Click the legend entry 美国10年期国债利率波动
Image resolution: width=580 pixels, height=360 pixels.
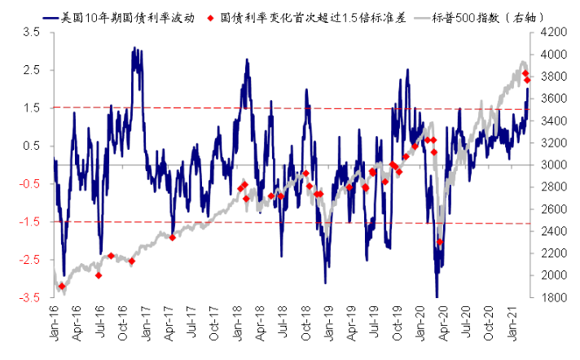(x=119, y=18)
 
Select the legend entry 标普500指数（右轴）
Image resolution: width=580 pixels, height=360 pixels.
(x=480, y=18)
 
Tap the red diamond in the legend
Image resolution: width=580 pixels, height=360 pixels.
(x=210, y=18)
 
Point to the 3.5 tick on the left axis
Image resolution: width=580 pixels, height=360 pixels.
(x=32, y=33)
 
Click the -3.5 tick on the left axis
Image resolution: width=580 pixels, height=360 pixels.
(x=29, y=297)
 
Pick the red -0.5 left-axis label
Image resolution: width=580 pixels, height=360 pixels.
(x=29, y=184)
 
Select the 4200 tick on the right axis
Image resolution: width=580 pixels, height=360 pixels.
(x=553, y=33)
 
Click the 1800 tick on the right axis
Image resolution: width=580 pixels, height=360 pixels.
(x=553, y=297)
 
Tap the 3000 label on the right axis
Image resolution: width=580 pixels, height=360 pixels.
(x=553, y=165)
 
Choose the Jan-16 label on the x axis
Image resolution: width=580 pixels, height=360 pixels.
(x=55, y=323)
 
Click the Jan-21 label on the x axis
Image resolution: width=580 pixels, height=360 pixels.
(x=512, y=323)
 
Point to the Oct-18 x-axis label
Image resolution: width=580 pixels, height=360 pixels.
(x=306, y=323)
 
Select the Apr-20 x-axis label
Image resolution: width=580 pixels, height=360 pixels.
(x=443, y=323)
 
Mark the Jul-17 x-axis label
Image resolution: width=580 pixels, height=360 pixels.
(x=192, y=323)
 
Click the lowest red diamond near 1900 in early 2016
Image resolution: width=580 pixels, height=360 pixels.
(x=62, y=287)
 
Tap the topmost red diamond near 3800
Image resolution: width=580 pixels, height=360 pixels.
(x=525, y=73)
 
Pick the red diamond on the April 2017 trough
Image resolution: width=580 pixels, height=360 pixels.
(x=172, y=238)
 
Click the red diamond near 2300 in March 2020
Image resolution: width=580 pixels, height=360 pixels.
(x=440, y=242)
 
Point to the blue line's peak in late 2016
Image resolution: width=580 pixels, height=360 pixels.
(x=134, y=47)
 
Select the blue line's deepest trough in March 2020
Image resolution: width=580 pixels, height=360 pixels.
(x=437, y=296)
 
